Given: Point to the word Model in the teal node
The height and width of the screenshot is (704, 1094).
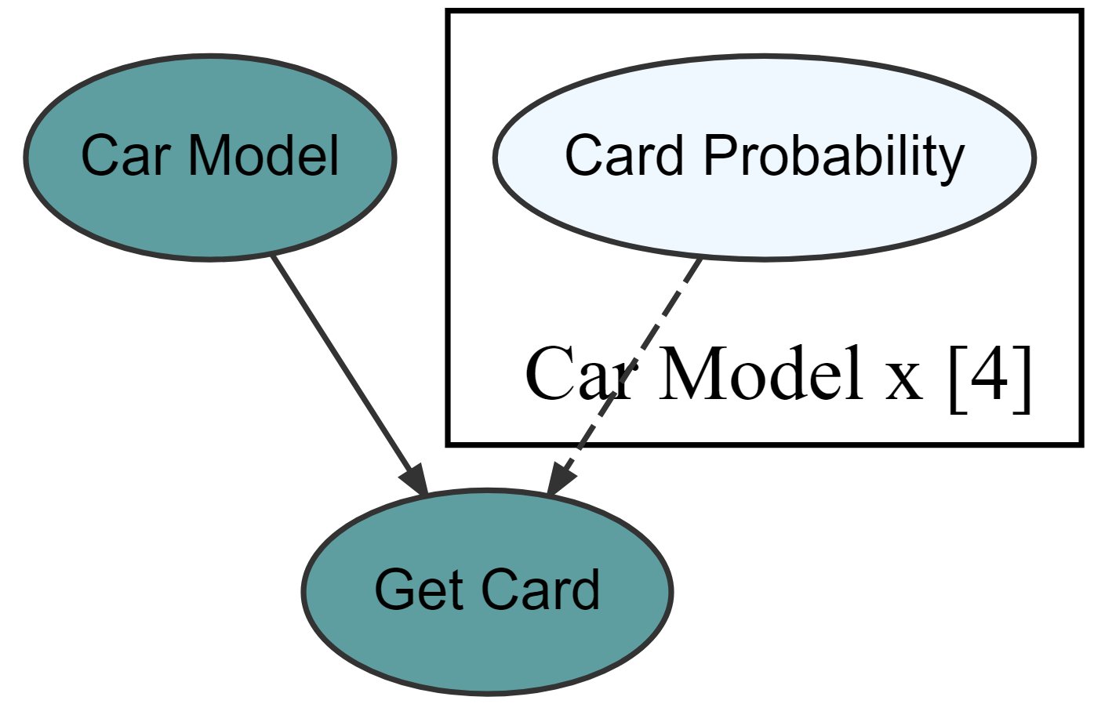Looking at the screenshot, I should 264,156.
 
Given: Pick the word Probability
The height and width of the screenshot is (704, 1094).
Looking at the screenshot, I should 833,156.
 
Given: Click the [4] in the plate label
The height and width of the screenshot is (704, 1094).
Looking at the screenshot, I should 990,376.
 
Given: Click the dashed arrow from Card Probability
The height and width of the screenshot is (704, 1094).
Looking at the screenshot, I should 627,368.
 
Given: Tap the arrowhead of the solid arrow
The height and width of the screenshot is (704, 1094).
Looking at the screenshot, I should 416,479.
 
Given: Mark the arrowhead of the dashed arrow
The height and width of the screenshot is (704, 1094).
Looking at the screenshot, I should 559,479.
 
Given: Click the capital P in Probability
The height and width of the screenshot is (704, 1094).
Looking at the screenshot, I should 714,156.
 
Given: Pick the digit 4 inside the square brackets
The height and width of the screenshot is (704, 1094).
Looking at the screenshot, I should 990,376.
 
